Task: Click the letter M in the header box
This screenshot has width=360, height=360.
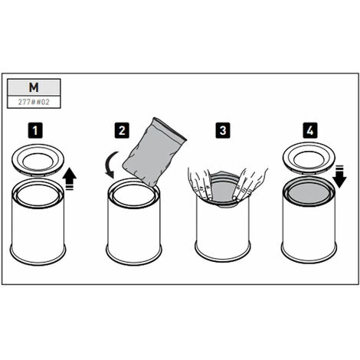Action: (34, 87)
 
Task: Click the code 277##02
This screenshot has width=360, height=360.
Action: (34, 102)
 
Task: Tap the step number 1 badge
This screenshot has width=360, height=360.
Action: (35, 130)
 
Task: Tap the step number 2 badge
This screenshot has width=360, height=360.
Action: (122, 130)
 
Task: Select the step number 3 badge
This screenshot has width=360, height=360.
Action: (223, 130)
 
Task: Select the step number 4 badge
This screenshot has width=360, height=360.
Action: (310, 130)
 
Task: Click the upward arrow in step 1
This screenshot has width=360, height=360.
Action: (70, 179)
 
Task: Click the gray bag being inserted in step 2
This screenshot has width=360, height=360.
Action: (154, 152)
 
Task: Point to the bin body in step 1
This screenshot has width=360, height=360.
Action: (38, 230)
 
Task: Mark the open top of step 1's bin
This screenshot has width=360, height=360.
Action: (38, 195)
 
